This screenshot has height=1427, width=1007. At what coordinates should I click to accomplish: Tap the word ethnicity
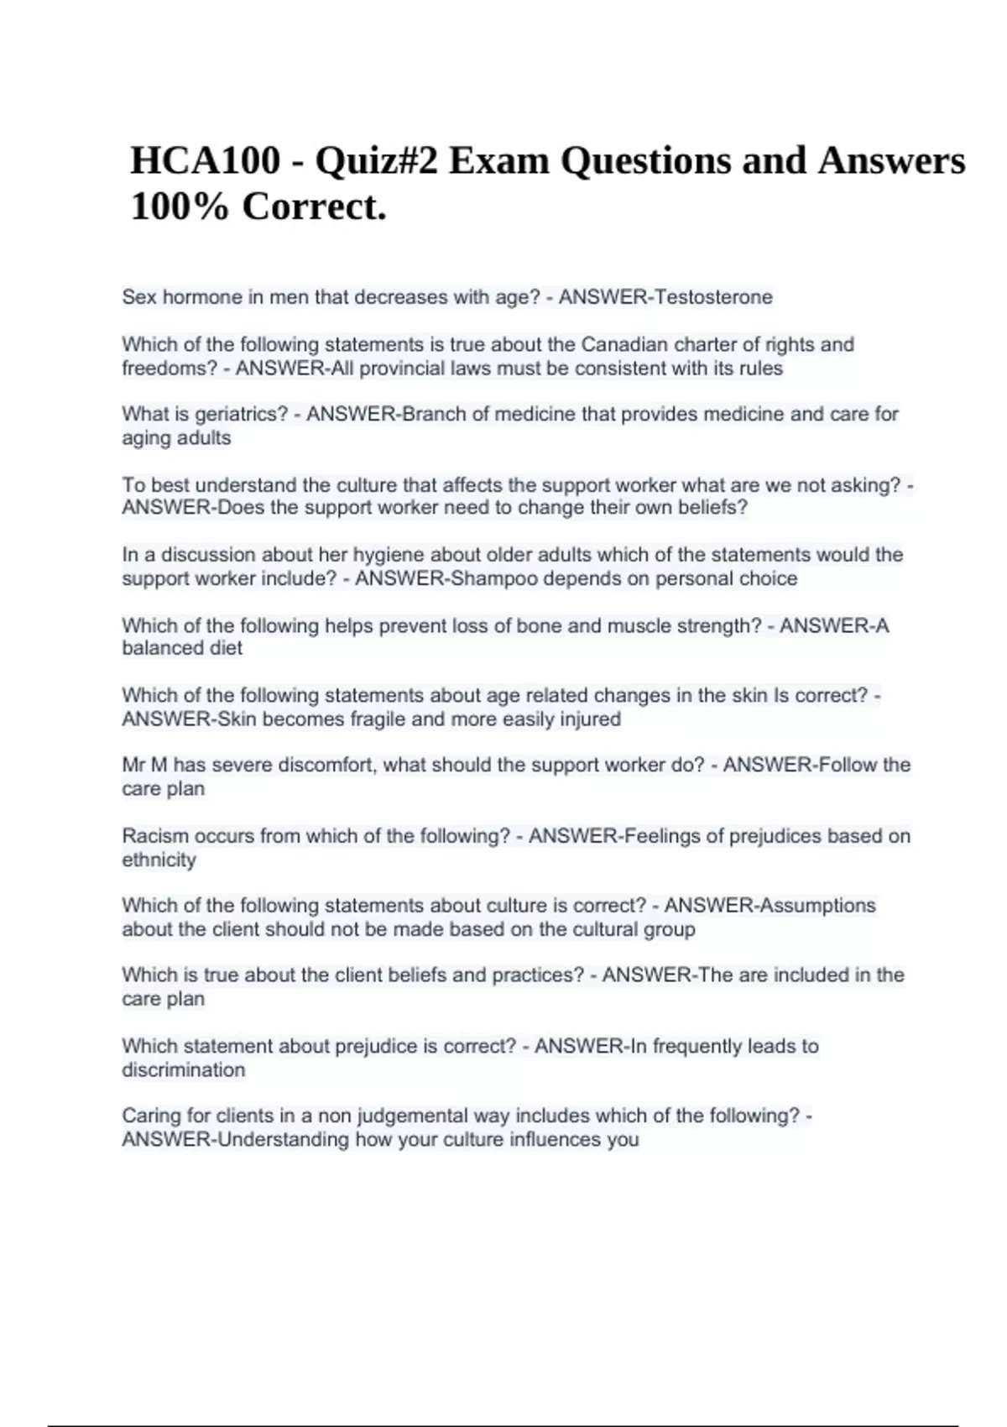(159, 860)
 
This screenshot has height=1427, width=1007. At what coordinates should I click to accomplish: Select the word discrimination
(184, 1070)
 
